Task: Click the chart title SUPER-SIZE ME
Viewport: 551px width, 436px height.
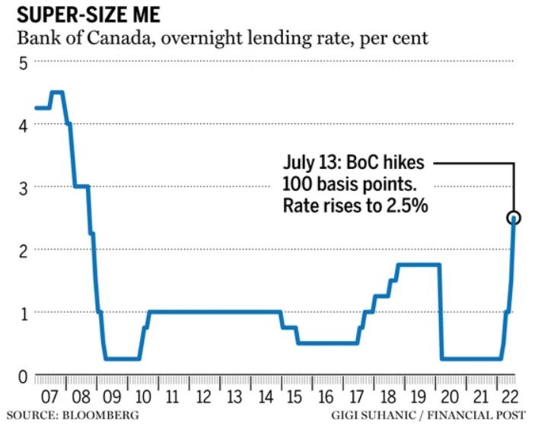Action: pyautogui.click(x=88, y=15)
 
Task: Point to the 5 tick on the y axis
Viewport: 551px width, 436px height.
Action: pyautogui.click(x=23, y=64)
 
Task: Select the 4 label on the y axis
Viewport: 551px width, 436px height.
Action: pyautogui.click(x=23, y=126)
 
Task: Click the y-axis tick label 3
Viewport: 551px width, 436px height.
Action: pyautogui.click(x=23, y=189)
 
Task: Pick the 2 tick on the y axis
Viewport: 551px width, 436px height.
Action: pyautogui.click(x=23, y=252)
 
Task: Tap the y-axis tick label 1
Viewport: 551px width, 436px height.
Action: pyautogui.click(x=24, y=314)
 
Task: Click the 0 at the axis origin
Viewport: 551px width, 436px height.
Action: pyautogui.click(x=23, y=377)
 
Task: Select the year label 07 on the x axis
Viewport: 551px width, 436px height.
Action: pyautogui.click(x=50, y=397)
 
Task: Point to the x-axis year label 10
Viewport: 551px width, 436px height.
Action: pyautogui.click(x=142, y=397)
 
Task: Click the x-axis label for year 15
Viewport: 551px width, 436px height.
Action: pyautogui.click(x=295, y=397)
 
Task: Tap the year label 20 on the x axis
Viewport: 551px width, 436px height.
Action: pyautogui.click(x=450, y=397)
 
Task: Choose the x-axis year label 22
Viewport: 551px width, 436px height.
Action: pyautogui.click(x=510, y=397)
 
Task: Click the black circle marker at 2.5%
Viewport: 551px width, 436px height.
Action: pyautogui.click(x=514, y=218)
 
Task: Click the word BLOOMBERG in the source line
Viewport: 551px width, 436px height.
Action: pyautogui.click(x=100, y=415)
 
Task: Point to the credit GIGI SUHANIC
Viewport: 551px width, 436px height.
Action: pyautogui.click(x=373, y=415)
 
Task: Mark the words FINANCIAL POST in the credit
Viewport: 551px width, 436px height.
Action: pyautogui.click(x=476, y=415)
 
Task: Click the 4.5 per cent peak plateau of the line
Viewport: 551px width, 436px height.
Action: pyautogui.click(x=57, y=92)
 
